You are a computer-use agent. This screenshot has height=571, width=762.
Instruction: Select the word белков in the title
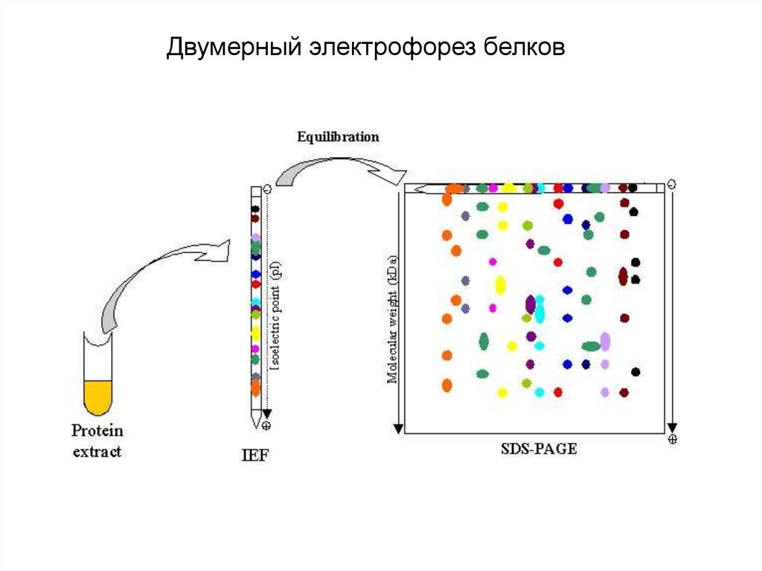pos(520,48)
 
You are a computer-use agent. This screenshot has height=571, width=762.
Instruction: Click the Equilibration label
pos(338,137)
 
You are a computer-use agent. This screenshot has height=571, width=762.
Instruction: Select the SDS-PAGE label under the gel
pos(539,448)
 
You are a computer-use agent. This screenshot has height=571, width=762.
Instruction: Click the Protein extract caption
pos(97,441)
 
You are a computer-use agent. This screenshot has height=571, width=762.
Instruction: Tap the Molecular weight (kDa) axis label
pos(392,320)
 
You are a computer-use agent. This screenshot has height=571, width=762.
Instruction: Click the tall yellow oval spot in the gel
pos(500,284)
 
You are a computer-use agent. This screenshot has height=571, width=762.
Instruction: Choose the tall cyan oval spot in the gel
pos(540,309)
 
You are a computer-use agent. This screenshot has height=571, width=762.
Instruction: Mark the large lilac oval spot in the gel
pos(605,342)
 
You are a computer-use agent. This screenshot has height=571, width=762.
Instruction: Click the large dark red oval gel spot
pos(623,275)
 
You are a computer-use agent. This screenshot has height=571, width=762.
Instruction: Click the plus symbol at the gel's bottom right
pos(673,439)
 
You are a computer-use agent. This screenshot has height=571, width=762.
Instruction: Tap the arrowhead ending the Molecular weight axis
pos(398,427)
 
